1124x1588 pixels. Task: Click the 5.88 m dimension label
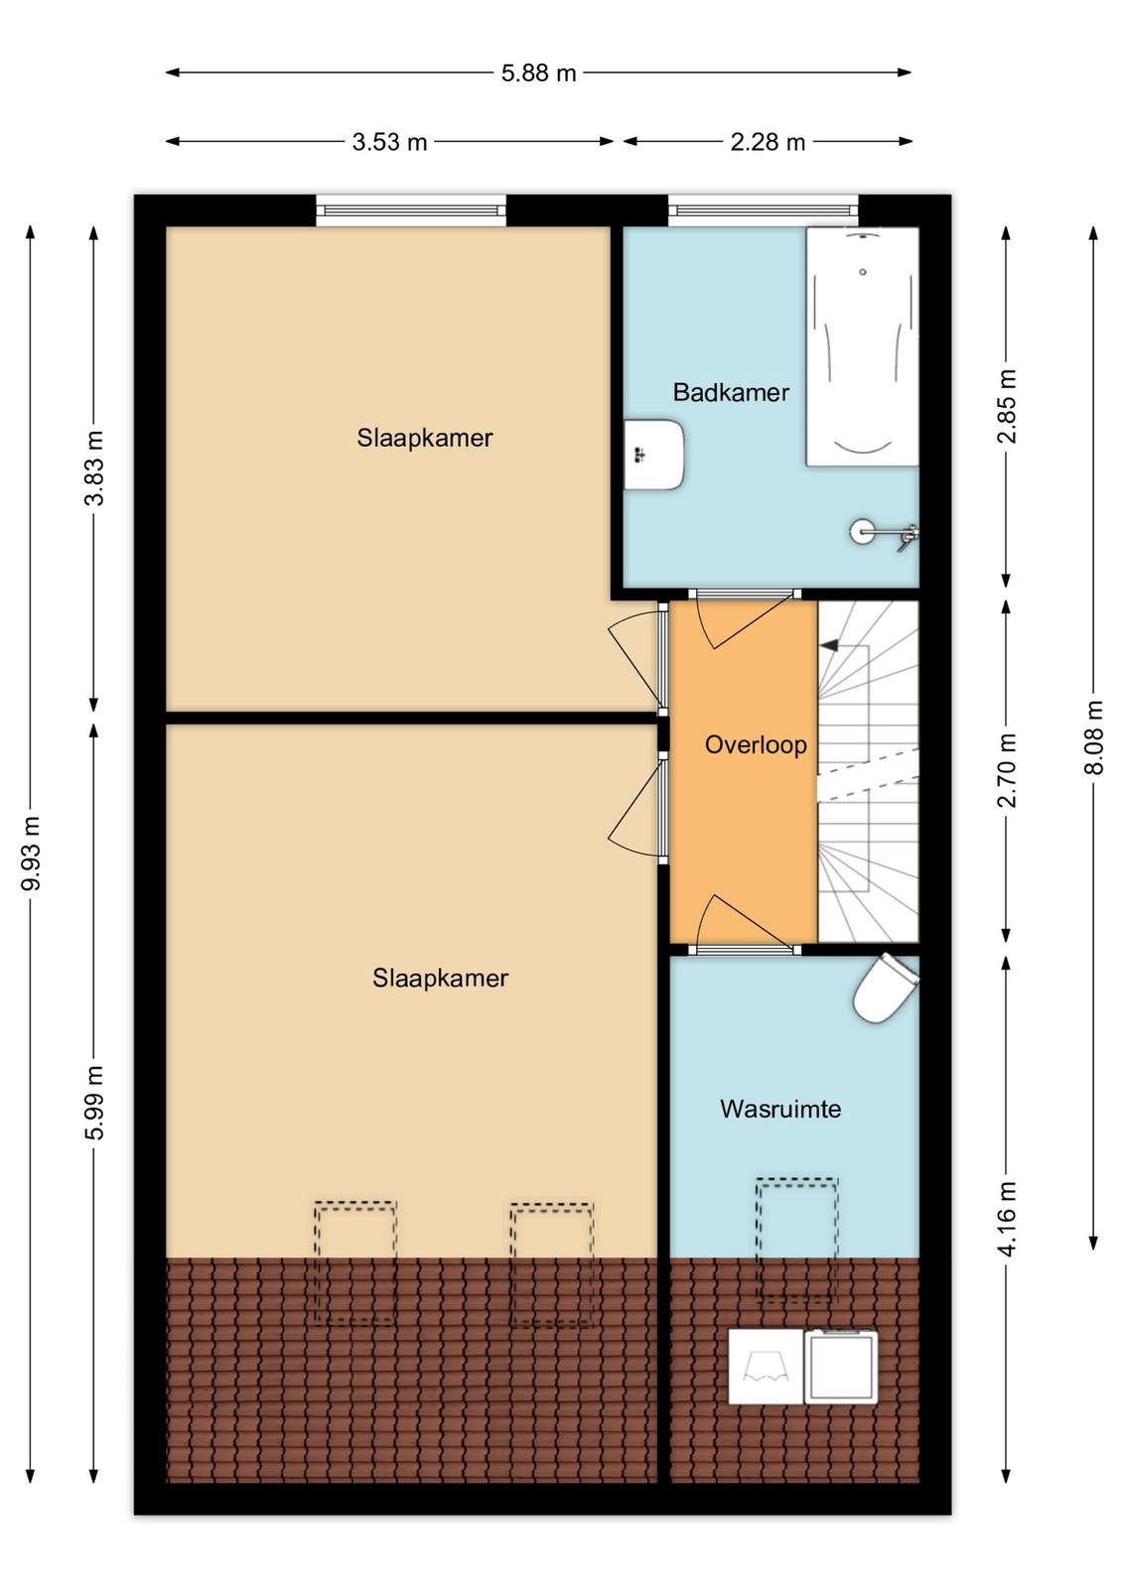(x=538, y=73)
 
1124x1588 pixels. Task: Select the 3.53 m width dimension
(x=389, y=143)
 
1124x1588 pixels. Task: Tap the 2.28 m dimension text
(x=768, y=143)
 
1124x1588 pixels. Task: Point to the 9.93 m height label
(x=32, y=853)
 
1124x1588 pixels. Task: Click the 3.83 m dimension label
(x=94, y=467)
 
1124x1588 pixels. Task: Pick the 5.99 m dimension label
(x=94, y=1103)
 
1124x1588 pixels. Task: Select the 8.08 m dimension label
(x=1094, y=737)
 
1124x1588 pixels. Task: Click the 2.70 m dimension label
(x=1008, y=770)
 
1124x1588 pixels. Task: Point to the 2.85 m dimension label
(x=1008, y=406)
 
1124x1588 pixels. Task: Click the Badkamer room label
(x=731, y=392)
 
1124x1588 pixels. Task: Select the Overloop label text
(x=756, y=745)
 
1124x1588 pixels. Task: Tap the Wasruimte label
(x=780, y=1109)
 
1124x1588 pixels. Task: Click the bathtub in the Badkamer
(x=862, y=346)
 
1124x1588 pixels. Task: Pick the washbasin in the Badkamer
(x=653, y=455)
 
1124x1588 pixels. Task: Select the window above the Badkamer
(x=763, y=210)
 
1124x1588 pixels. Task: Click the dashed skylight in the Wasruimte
(x=797, y=1240)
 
